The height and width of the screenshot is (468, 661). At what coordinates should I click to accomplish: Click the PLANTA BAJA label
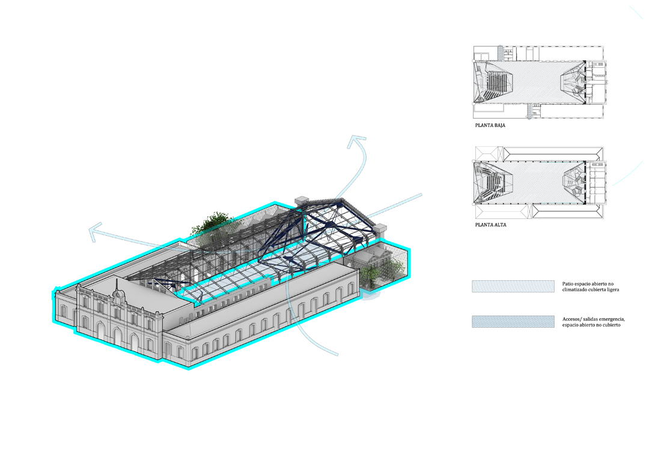coord(490,125)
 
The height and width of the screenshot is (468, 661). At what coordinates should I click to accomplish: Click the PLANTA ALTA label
coord(490,225)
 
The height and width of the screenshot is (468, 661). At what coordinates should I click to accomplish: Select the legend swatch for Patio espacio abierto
coord(513,286)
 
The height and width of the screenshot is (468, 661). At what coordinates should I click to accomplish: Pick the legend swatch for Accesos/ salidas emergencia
coord(513,322)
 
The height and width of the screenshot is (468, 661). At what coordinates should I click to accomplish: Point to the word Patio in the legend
coord(568,284)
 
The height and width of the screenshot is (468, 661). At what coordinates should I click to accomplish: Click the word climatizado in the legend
coord(575,289)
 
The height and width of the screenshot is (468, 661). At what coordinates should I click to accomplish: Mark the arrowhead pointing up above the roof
coord(356,141)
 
